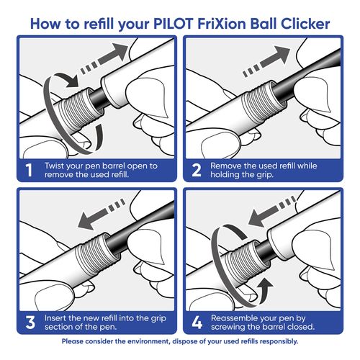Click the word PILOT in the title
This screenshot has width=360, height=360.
pyautogui.click(x=173, y=24)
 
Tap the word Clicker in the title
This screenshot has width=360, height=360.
pyautogui.click(x=305, y=24)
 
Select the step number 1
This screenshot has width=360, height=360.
pyautogui.click(x=29, y=170)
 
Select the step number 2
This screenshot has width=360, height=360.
pyautogui.click(x=197, y=170)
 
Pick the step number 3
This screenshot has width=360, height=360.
pyautogui.click(x=30, y=323)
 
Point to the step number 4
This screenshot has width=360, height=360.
pyautogui.click(x=197, y=323)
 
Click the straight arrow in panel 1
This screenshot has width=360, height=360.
pyautogui.click(x=104, y=58)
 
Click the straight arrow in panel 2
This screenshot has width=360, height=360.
pyautogui.click(x=266, y=61)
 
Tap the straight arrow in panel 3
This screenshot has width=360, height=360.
pyautogui.click(x=102, y=214)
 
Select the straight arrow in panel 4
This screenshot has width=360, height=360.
pyautogui.click(x=272, y=211)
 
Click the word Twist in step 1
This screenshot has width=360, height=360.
pyautogui.click(x=54, y=166)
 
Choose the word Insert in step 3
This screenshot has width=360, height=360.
pyautogui.click(x=55, y=318)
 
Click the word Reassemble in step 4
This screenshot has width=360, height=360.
pyautogui.click(x=232, y=318)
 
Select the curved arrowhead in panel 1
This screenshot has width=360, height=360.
pyautogui.click(x=71, y=81)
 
